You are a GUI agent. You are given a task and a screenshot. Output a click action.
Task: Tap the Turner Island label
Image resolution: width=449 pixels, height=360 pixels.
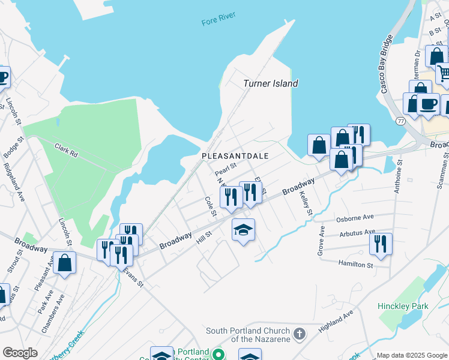click(270, 83)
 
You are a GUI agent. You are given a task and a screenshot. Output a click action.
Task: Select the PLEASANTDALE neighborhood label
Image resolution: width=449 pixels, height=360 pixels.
click(235, 155)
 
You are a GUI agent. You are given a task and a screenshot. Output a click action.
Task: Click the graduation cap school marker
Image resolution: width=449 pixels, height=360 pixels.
click(244, 230)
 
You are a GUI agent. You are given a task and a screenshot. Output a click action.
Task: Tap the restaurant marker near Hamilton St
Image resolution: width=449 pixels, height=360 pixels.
click(381, 244)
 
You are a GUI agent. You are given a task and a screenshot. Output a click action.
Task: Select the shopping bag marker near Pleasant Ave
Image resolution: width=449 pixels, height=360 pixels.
click(65, 263)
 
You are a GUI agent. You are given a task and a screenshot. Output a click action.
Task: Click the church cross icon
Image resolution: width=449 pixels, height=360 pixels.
click(298, 334)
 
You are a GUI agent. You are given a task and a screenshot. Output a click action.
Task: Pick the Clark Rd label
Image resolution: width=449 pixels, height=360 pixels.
click(66, 148)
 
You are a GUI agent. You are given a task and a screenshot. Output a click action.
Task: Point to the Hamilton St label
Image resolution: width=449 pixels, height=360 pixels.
click(355, 263)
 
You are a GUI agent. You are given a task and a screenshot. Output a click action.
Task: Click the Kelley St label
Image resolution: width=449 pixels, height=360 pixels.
click(306, 203)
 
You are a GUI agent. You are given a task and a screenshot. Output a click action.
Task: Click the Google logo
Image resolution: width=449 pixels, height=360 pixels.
click(20, 352)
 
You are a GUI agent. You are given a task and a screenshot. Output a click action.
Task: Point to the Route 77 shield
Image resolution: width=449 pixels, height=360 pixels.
click(400, 121)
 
